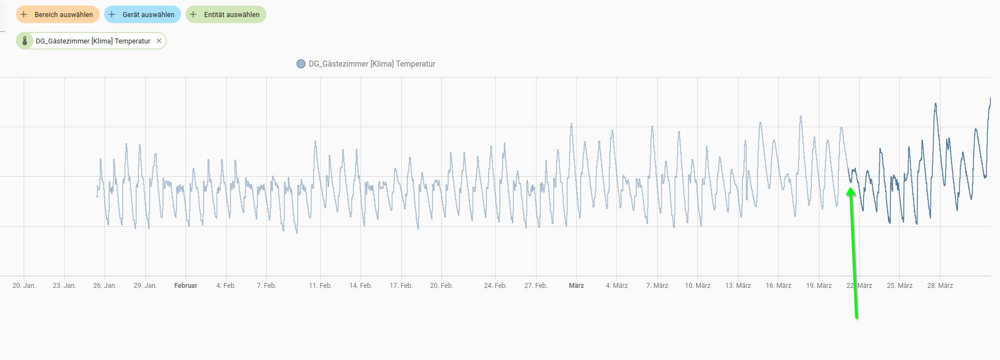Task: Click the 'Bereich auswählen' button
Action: pos(58,15)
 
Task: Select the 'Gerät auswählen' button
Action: pos(143,15)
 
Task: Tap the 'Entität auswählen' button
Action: pos(226,15)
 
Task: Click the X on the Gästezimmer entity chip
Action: pos(159,41)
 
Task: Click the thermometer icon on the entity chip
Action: pos(25,41)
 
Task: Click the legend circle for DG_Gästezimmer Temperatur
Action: pos(301,64)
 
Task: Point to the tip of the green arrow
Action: pos(850,189)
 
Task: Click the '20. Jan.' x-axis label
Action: pos(24,286)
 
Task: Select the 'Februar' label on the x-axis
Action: pos(185,286)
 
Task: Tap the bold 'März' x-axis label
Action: pos(576,286)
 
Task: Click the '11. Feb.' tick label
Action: pos(320,286)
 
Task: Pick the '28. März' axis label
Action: pos(940,286)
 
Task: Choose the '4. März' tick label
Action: pos(617,286)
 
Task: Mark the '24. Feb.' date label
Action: pos(495,286)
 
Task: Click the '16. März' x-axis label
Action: pos(778,286)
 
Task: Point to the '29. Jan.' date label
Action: pos(145,286)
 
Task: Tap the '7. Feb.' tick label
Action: pos(266,286)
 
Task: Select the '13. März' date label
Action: pos(738,286)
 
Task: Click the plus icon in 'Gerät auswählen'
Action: pos(112,15)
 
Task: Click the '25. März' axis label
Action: pos(900,286)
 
